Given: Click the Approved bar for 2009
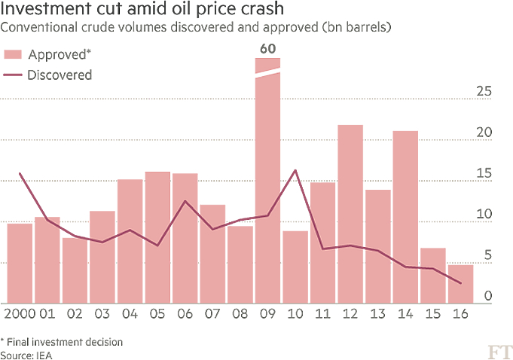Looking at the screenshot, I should [x=267, y=188].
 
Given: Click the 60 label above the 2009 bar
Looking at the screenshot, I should [x=267, y=50].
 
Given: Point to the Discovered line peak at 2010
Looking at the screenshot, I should [x=295, y=170].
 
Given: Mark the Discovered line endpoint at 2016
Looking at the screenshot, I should [x=461, y=283].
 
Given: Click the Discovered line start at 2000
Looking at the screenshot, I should [x=20, y=173].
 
